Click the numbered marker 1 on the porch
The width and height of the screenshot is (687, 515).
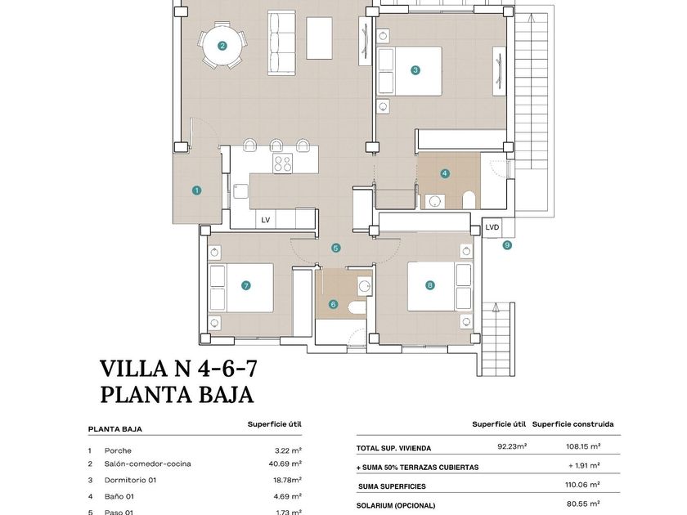coord(197,190)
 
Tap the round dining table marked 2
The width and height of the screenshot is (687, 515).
coord(222,46)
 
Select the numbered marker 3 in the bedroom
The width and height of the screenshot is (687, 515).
coord(415,70)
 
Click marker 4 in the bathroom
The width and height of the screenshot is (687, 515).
coord(445,173)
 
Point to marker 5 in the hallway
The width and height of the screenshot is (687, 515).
coord(335,249)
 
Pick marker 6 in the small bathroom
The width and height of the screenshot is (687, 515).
coord(334,304)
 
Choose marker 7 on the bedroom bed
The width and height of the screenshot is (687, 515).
coord(246,286)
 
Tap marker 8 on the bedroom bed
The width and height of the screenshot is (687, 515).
coord(430,285)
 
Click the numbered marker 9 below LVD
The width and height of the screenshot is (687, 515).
coord(507,245)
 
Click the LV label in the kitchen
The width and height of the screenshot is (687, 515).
coord(266,220)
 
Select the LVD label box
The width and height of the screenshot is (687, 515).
coord(492,227)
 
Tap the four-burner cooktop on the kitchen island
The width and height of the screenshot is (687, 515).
coord(283,163)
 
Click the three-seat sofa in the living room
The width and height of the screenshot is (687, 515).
coord(281,43)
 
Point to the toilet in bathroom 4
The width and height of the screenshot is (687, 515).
coord(469,200)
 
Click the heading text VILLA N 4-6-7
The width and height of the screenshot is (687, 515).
coord(178,369)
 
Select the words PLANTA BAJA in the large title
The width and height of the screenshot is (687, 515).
coord(177,395)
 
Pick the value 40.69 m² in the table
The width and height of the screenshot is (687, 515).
coord(285,463)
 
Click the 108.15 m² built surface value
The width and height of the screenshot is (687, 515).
coord(582,446)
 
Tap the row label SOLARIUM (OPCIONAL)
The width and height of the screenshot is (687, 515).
coord(396,506)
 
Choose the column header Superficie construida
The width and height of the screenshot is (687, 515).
coord(573,424)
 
